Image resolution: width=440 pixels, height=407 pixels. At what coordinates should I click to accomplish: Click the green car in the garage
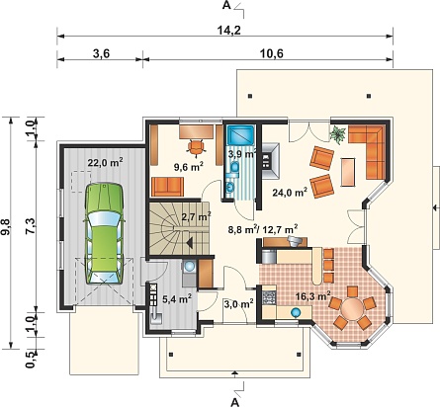point(105,234)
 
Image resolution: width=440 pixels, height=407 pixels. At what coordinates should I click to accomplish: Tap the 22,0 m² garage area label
point(106,162)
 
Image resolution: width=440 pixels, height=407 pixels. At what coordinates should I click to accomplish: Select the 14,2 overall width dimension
point(229,30)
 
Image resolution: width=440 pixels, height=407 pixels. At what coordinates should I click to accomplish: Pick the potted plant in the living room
point(339,134)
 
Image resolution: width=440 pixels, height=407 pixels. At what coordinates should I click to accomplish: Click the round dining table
point(352,309)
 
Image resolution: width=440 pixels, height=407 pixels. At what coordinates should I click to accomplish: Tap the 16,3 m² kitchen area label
point(313,296)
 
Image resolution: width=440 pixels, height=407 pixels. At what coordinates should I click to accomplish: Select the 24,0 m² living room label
point(290,193)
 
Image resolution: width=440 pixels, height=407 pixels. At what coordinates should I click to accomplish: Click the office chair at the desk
point(196,147)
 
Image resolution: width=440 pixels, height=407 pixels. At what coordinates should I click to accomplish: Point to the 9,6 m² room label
point(188,167)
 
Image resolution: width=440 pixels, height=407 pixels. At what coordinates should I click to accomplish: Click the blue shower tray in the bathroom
point(239,135)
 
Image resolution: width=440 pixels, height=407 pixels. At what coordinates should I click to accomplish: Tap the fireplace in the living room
point(270,160)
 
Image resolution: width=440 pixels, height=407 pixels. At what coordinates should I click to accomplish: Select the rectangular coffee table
point(348,172)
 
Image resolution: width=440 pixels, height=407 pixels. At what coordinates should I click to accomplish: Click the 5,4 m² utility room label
point(177,299)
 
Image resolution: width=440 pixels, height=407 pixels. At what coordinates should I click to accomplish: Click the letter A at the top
point(226,6)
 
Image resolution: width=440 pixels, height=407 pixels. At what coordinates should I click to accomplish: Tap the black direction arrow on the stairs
point(190,243)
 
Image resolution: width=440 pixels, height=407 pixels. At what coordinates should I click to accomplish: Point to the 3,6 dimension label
point(101,53)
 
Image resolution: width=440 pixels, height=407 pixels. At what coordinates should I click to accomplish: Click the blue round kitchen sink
point(296,312)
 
